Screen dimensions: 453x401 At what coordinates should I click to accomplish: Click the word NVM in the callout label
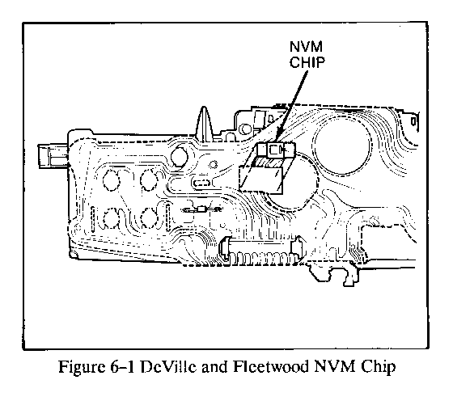tap(307, 46)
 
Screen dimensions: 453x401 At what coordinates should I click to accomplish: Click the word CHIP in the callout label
tap(307, 62)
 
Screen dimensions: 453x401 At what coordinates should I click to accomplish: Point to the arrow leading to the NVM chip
tap(292, 107)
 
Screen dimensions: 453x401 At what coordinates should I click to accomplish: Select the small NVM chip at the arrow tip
tap(275, 150)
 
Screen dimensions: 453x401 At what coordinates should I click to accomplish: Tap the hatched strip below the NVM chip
tap(267, 163)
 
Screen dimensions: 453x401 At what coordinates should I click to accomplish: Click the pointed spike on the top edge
tap(204, 124)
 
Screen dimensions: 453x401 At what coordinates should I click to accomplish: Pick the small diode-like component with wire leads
tap(202, 209)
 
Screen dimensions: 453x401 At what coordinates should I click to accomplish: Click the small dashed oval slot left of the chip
tap(203, 183)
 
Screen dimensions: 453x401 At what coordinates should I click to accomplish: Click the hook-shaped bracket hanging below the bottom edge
tap(350, 276)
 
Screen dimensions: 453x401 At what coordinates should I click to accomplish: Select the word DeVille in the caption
tap(168, 367)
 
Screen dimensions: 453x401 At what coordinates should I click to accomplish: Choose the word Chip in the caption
tap(378, 367)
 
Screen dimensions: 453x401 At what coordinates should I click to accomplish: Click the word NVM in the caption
tap(335, 367)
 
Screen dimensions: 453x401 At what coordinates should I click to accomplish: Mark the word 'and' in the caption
tap(214, 367)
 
